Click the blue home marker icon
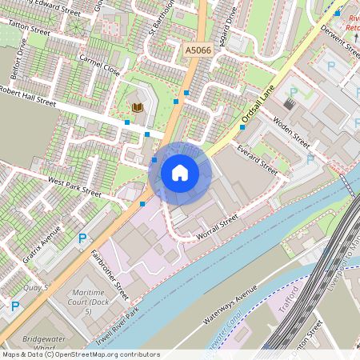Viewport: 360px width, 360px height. coord(180,172)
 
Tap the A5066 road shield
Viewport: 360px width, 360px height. coord(198,50)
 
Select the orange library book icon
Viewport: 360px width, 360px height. coord(138,107)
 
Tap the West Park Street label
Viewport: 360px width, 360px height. coord(74,187)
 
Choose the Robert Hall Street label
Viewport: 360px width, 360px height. coord(29,96)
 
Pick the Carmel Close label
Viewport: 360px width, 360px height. coord(100,66)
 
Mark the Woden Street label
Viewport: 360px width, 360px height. coord(291,129)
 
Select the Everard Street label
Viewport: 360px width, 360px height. coord(258,159)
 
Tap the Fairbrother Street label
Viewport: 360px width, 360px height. coord(110,270)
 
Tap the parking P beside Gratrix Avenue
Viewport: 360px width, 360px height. coord(82,238)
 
